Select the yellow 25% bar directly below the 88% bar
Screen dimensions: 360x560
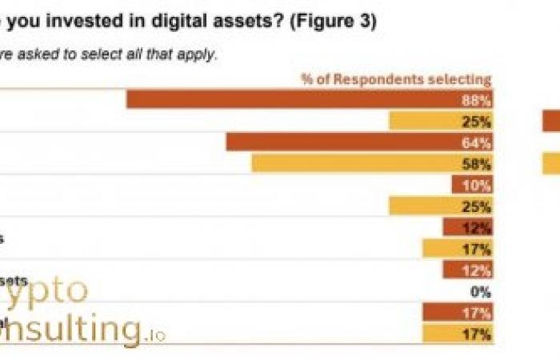(x=440, y=121)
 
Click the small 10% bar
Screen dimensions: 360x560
(x=471, y=185)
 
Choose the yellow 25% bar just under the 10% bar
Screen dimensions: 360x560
(x=440, y=206)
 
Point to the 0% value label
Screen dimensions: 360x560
(x=480, y=292)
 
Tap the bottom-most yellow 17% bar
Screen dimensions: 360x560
(x=457, y=334)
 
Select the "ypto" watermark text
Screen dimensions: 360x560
(x=48, y=290)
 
